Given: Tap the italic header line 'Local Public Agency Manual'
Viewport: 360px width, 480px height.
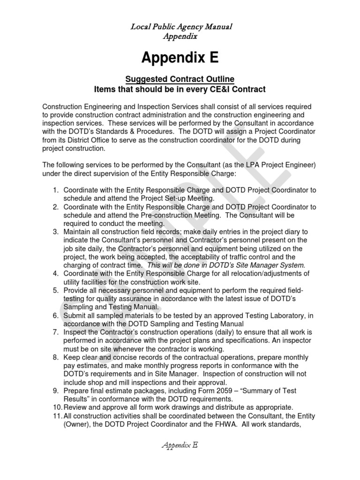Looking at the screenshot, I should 180,27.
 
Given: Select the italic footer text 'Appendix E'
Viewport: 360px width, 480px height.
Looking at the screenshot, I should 180,445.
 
